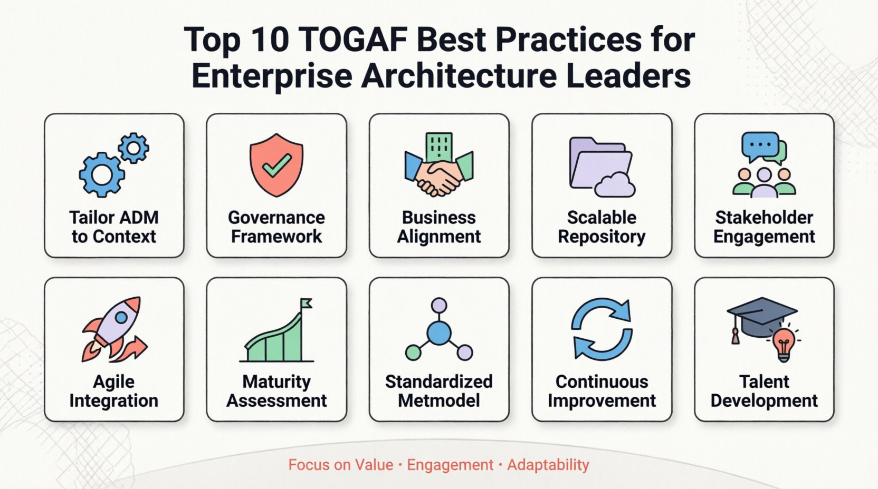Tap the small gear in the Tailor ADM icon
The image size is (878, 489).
[133, 148]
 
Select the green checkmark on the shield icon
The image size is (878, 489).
[276, 165]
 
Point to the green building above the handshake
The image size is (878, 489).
[439, 146]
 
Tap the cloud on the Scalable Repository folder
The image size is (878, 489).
[615, 185]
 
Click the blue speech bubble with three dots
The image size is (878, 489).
[759, 145]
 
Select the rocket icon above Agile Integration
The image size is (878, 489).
[116, 327]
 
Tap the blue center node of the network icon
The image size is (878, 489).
[439, 333]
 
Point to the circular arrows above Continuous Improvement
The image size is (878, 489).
[602, 329]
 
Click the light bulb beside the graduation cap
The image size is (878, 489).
[784, 343]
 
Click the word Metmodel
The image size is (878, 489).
[439, 401]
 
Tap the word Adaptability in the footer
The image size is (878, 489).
[548, 465]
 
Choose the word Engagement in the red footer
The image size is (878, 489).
[450, 465]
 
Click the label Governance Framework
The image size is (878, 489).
[276, 227]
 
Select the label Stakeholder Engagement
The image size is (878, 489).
[764, 227]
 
